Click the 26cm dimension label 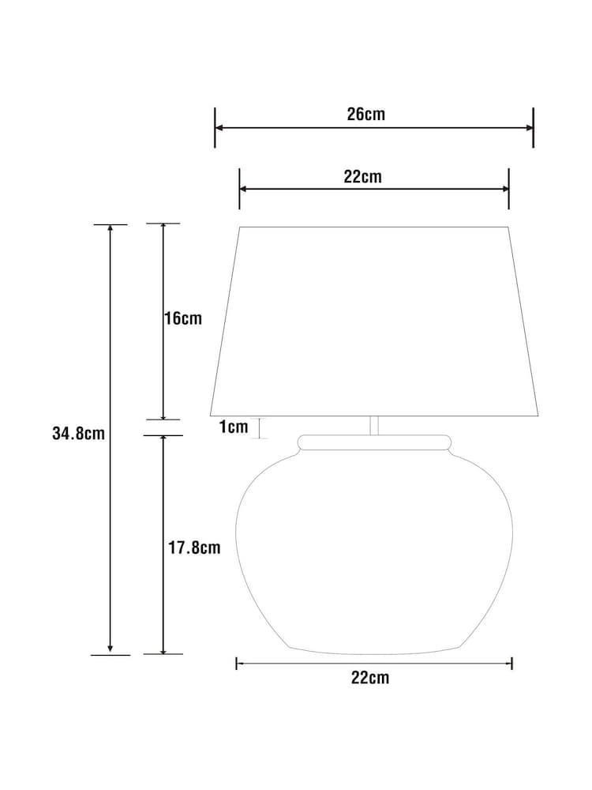(366, 114)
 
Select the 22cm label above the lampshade (362, 176)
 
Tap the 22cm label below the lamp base (370, 677)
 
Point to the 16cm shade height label (183, 319)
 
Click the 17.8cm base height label (195, 547)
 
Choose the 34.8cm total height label (78, 434)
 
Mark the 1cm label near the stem (233, 427)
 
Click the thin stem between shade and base (375, 425)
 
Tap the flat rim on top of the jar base (375, 442)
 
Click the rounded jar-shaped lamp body (374, 553)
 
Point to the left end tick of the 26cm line (215, 127)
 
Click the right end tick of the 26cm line (534, 127)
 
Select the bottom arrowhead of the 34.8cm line (111, 649)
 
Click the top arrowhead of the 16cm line (163, 228)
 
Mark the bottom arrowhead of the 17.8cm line (163, 649)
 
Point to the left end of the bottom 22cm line (237, 663)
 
